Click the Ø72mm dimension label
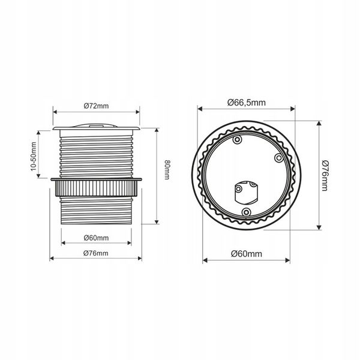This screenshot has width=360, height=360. (96, 106)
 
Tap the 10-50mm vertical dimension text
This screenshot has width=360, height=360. (34, 157)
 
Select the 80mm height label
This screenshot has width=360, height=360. (167, 170)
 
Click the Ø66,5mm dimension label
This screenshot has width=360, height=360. (247, 103)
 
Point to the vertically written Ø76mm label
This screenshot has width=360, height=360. (325, 176)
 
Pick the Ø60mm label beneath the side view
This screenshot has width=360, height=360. (96, 238)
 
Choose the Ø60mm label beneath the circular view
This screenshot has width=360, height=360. (247, 254)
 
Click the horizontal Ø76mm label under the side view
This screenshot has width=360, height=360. (96, 253)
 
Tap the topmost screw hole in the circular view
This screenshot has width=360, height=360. (237, 140)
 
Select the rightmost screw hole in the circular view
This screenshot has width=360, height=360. (279, 158)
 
